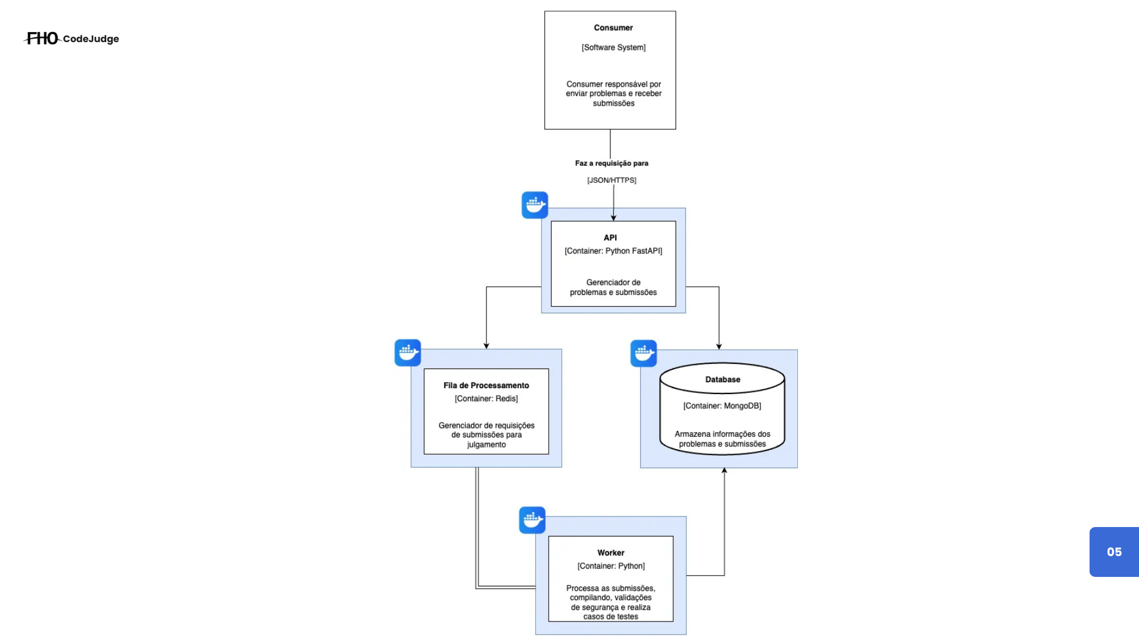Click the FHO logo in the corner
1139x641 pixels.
42,39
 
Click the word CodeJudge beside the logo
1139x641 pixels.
91,39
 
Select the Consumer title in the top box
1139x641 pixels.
613,28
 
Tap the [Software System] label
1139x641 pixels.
613,47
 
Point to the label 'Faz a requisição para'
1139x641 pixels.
611,163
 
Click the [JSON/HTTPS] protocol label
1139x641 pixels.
611,180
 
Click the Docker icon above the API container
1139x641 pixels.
534,205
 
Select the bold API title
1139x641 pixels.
610,237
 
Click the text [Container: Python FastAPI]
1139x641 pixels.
613,251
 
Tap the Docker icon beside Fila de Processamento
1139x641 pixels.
408,353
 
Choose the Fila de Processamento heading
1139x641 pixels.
486,385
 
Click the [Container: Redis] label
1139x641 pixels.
486,399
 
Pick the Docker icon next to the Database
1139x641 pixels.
643,353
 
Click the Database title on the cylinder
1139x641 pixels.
722,379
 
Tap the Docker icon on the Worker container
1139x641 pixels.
532,520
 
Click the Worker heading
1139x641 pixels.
610,553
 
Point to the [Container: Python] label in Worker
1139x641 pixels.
610,566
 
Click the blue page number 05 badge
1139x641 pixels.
1113,552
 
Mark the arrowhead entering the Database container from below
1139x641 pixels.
724,471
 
